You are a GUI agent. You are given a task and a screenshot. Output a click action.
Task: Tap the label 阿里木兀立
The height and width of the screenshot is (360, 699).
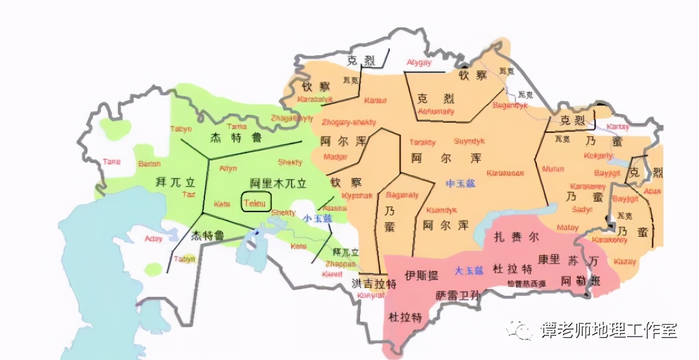(x=278, y=184)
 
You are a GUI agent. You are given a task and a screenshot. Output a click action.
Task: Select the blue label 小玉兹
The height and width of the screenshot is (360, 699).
(x=318, y=218)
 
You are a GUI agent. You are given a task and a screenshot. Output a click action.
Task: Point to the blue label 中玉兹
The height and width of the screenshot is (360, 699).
(x=461, y=183)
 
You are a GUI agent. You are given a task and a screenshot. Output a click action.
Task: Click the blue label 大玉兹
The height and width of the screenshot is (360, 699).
(x=469, y=271)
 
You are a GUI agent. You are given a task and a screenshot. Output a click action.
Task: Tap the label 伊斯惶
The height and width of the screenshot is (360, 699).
(x=421, y=275)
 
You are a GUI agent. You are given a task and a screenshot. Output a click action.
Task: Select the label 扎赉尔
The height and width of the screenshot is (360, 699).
(x=516, y=237)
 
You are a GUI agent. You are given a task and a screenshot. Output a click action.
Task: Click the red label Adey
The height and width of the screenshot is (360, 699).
(x=154, y=238)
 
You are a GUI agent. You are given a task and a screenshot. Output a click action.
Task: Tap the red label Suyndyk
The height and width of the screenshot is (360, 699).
(x=469, y=141)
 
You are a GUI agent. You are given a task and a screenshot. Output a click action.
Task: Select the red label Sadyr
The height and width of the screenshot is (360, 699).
(x=582, y=209)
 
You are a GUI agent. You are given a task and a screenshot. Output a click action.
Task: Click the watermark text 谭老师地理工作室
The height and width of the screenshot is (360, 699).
(x=609, y=331)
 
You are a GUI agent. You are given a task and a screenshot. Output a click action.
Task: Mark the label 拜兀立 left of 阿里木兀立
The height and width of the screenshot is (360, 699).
(x=175, y=183)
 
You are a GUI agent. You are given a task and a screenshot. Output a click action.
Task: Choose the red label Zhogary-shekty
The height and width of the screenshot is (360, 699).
(x=348, y=122)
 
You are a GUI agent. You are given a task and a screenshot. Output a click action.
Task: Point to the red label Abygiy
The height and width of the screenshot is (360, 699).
(x=419, y=62)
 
